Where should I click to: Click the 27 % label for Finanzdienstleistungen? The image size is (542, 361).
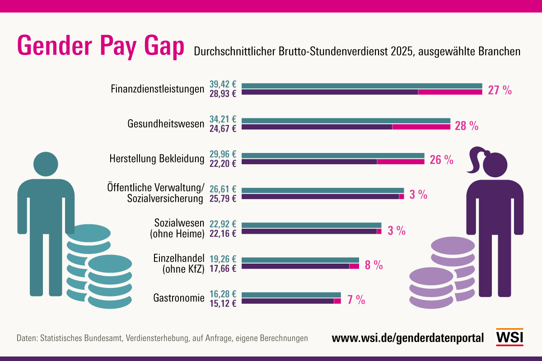(x=500, y=90)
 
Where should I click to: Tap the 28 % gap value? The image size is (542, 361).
(x=467, y=126)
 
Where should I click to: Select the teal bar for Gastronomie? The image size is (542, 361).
(x=291, y=295)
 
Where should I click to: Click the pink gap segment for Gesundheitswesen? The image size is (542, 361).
(x=421, y=127)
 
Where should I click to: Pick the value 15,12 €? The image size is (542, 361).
(x=223, y=303)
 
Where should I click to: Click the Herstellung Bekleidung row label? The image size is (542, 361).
(x=157, y=159)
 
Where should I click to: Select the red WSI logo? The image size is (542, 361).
(x=509, y=337)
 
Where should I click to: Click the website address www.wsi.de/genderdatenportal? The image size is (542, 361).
(x=408, y=338)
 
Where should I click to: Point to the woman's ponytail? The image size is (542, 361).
(x=475, y=160)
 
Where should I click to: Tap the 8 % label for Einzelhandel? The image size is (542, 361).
(x=374, y=265)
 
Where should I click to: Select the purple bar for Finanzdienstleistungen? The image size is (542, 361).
(x=330, y=92)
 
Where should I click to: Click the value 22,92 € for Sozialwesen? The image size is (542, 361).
(x=223, y=224)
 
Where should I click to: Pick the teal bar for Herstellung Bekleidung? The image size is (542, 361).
(x=333, y=156)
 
